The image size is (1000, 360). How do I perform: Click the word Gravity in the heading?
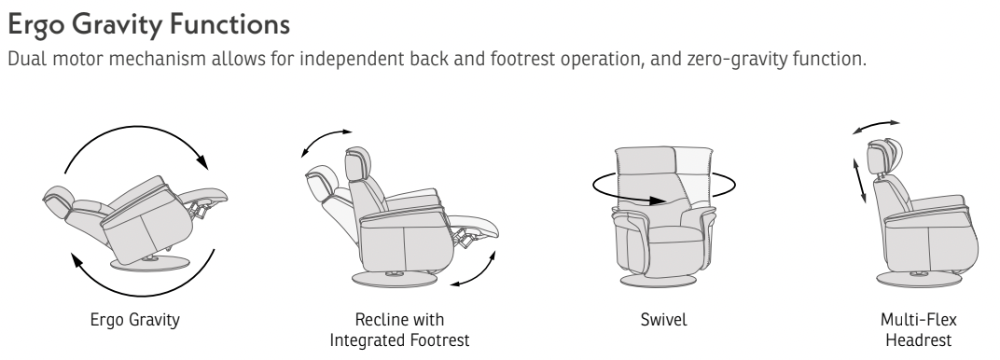pyautogui.click(x=116, y=25)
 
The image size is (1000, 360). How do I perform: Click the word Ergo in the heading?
pyautogui.click(x=35, y=25)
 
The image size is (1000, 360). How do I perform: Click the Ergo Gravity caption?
pyautogui.click(x=134, y=319)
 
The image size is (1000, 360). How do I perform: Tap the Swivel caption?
pyautogui.click(x=664, y=319)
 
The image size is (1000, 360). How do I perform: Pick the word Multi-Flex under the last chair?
pyautogui.click(x=918, y=319)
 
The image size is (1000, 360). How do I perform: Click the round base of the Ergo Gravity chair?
pyautogui.click(x=150, y=263)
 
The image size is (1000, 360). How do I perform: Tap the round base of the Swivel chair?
pyautogui.click(x=658, y=281)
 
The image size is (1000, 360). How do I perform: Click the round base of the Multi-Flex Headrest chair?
pyautogui.click(x=919, y=279)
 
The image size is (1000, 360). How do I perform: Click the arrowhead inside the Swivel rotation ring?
pyautogui.click(x=658, y=201)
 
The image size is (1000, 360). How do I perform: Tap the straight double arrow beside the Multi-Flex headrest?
pyautogui.click(x=860, y=181)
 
